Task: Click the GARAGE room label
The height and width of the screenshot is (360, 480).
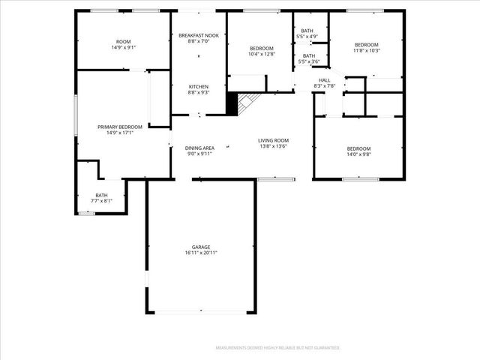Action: pos(200,247)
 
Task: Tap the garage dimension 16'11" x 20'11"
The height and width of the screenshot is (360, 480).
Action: pos(200,253)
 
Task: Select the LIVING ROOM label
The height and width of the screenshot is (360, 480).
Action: pos(274,140)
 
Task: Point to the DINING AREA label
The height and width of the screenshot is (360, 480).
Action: pos(199,148)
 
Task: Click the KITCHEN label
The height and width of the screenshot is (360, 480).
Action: pos(199,86)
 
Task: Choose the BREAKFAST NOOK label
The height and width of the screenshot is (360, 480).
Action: pos(199,35)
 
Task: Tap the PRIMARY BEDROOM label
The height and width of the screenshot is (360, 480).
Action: pos(120,127)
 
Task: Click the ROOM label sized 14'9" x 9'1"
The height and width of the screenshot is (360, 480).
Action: pos(123,41)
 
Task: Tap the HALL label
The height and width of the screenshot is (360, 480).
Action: pos(324,80)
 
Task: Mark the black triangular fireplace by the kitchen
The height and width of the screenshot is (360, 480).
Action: pos(232,104)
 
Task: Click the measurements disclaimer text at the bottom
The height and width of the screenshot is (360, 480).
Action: pos(277,348)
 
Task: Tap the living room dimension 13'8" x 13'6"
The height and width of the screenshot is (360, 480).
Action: pos(274,146)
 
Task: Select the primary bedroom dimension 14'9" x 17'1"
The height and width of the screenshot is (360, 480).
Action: pos(120,133)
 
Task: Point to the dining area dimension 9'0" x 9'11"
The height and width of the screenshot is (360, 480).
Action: pos(199,154)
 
